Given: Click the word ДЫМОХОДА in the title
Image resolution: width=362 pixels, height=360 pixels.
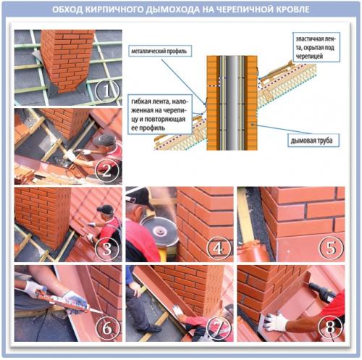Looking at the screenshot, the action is pyautogui.click(x=172, y=9).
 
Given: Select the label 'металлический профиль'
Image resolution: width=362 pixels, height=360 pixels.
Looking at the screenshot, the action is pyautogui.click(x=159, y=51).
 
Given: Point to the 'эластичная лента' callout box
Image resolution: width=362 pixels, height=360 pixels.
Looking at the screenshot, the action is pyautogui.click(x=316, y=47).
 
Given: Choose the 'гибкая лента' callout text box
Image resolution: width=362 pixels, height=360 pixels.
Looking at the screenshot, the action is pyautogui.click(x=160, y=114).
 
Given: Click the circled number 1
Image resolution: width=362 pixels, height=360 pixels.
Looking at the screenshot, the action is pyautogui.click(x=107, y=91).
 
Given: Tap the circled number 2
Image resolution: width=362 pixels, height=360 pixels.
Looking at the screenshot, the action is pyautogui.click(x=107, y=170).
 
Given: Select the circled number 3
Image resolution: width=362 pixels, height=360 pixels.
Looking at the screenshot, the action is pyautogui.click(x=107, y=248).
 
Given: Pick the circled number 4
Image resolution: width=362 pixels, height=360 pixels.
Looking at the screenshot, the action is pyautogui.click(x=218, y=248).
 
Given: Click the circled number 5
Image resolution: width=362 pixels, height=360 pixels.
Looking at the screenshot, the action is pyautogui.click(x=330, y=248).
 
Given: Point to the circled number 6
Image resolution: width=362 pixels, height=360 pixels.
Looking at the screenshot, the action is pyautogui.click(x=107, y=327).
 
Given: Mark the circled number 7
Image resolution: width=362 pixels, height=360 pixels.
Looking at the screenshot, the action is pyautogui.click(x=218, y=327).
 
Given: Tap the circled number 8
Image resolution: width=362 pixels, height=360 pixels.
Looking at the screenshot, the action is pyautogui.click(x=330, y=327).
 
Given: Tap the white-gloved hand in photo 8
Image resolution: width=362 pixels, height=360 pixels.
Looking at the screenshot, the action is pyautogui.click(x=275, y=322).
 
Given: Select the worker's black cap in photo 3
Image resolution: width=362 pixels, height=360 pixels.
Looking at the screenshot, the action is pyautogui.click(x=105, y=209).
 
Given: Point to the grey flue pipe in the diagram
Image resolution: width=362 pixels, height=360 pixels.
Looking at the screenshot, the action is pyautogui.click(x=232, y=103).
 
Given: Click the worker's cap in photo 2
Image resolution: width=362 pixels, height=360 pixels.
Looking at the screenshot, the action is pyautogui.click(x=104, y=140).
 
